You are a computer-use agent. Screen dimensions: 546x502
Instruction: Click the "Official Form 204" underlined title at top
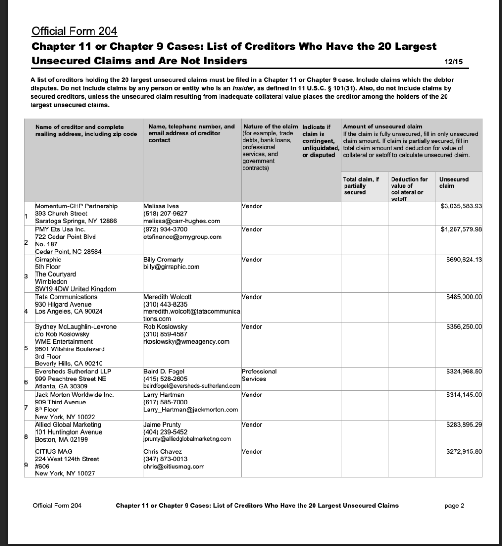click(74, 32)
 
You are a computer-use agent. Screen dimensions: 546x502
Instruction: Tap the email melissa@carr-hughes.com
click(181, 221)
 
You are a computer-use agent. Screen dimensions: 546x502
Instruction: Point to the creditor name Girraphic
click(48, 260)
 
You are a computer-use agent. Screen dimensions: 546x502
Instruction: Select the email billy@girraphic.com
click(171, 267)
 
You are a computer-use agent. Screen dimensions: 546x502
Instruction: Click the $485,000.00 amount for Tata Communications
click(464, 297)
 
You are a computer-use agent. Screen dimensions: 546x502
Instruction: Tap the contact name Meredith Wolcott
click(167, 297)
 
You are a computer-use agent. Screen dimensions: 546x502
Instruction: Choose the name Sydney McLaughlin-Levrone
click(76, 327)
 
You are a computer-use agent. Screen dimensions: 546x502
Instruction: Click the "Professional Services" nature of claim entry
click(259, 375)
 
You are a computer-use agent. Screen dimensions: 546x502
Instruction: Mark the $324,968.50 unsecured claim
click(464, 372)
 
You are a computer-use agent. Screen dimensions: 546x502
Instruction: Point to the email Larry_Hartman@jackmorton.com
click(191, 410)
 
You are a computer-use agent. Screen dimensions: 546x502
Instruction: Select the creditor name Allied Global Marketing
click(69, 425)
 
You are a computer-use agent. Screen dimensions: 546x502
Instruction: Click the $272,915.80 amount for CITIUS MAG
click(464, 451)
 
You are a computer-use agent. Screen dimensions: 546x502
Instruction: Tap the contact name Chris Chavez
click(163, 451)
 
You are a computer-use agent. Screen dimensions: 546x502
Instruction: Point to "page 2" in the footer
click(454, 506)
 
